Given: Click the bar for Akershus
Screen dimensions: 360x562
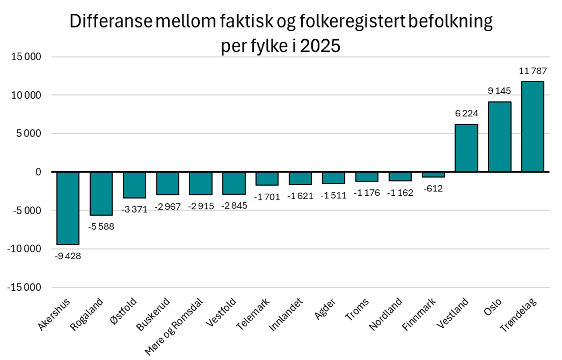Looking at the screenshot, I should [68, 208].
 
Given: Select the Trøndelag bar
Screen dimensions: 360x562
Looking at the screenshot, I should [532, 127].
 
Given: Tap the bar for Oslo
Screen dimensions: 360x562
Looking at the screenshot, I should [499, 137].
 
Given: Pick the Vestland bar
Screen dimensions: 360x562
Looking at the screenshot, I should [466, 148].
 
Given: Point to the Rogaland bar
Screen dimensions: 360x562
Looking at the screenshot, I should [101, 193].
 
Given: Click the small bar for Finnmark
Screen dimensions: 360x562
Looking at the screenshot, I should [433, 175].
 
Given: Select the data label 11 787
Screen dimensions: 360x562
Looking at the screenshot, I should [533, 71].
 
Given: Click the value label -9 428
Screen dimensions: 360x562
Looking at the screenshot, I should [68, 256].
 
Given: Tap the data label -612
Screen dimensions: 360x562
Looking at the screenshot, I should [433, 188].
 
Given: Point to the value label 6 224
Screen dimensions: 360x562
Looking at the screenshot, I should [466, 113].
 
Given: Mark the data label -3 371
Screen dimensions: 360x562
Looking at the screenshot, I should [134, 209].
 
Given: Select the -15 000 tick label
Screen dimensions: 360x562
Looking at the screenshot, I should [24, 287].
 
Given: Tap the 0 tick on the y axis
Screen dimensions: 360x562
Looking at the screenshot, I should [38, 172].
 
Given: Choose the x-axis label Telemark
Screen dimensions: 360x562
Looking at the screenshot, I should [253, 315].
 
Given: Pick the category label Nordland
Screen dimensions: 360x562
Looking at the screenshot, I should [385, 314].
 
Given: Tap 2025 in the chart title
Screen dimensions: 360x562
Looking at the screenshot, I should [320, 46].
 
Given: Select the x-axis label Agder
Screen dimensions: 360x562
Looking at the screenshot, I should [325, 309].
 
